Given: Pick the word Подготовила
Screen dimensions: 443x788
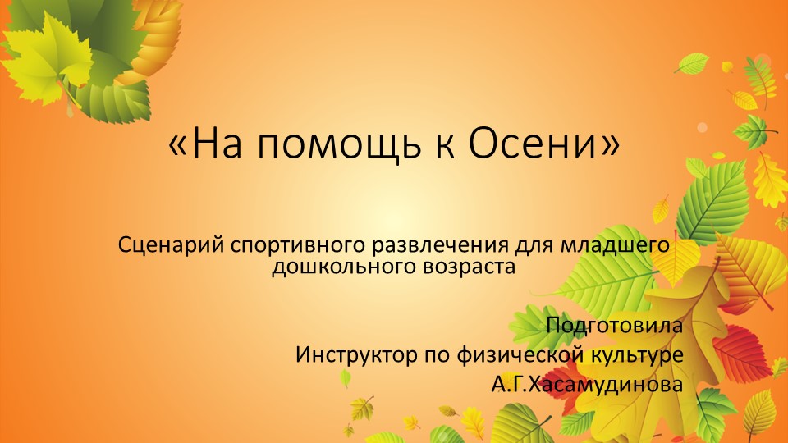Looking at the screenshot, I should [614, 325].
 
